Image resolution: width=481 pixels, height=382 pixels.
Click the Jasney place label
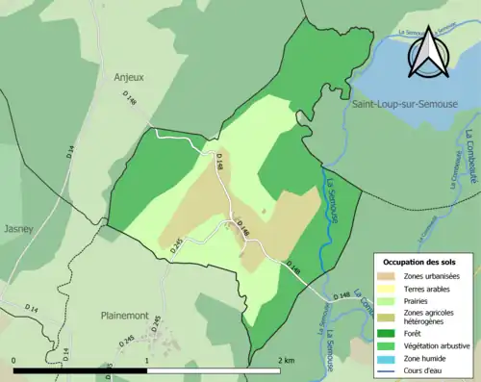(18, 229)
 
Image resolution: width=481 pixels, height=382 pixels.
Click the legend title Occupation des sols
(419, 262)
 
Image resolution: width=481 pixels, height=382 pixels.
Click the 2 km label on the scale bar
(285, 360)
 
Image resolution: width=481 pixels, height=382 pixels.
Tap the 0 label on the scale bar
(14, 360)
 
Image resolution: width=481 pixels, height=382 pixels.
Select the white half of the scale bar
(212, 369)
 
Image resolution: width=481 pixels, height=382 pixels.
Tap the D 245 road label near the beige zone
(176, 245)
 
